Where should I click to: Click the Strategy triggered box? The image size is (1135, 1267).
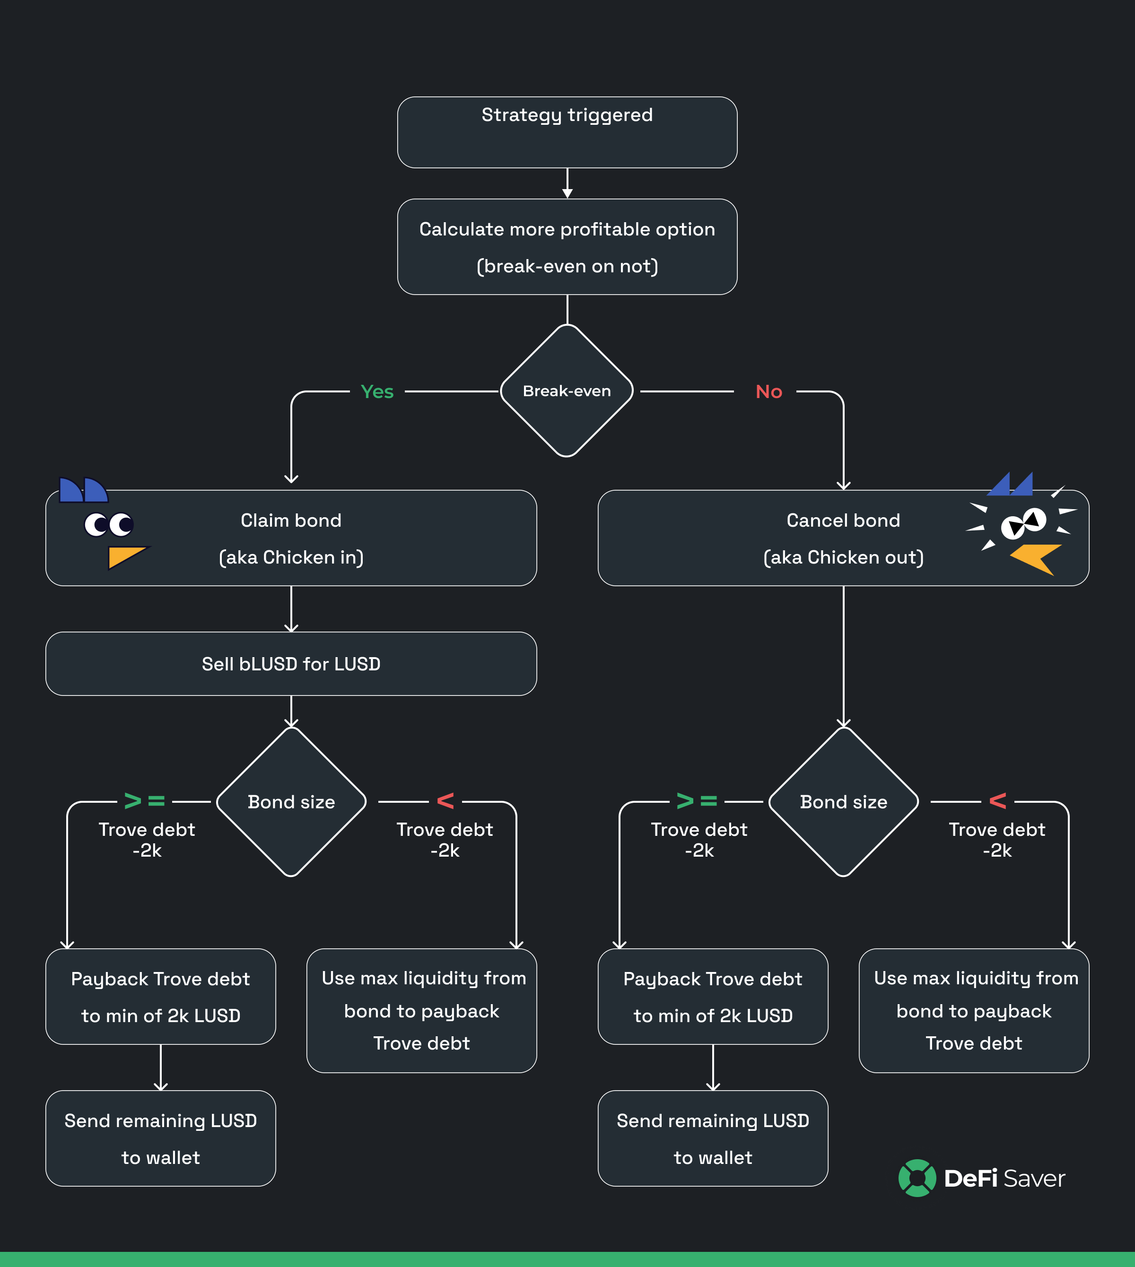click(x=567, y=132)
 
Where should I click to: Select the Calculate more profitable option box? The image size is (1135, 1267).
click(x=567, y=247)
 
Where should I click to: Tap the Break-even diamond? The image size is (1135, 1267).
click(x=567, y=391)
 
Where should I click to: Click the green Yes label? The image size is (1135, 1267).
click(x=376, y=391)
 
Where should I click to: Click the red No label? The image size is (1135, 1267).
click(x=768, y=391)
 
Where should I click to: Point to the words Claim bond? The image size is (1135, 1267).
click(x=291, y=521)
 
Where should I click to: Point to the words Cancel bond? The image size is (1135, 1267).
click(x=843, y=521)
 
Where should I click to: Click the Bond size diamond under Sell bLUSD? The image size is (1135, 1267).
click(x=291, y=802)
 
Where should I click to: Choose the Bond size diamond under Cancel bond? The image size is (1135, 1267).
click(x=843, y=802)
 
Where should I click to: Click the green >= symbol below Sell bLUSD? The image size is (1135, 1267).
click(x=144, y=800)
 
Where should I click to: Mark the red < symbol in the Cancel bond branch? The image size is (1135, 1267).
click(x=998, y=800)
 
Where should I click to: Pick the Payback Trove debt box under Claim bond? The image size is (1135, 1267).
click(x=160, y=997)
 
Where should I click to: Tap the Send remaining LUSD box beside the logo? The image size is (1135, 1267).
click(x=713, y=1138)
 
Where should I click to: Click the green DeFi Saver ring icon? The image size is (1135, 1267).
click(x=917, y=1178)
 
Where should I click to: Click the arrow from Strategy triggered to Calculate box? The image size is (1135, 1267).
click(x=567, y=183)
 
